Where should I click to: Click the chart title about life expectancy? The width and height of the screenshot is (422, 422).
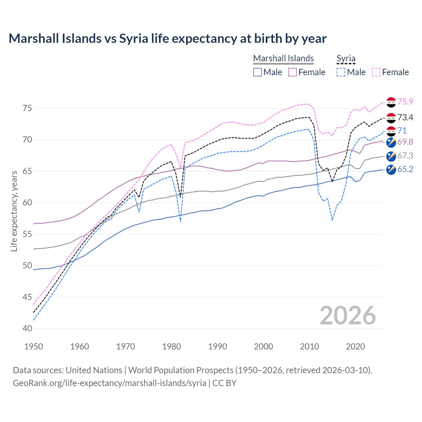point(167,39)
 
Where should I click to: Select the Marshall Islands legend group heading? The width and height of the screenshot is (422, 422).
point(283,58)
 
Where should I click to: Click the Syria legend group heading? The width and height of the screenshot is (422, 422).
point(346,58)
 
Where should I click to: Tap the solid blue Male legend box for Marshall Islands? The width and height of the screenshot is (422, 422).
point(257,72)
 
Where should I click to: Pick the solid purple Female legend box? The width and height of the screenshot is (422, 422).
point(292,72)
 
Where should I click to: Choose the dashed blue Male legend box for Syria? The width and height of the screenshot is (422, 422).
point(341,72)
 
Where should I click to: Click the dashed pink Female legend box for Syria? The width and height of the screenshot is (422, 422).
point(376,72)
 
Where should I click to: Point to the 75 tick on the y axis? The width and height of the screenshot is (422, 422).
point(27,108)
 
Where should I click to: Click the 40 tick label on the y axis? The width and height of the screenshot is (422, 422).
point(27,329)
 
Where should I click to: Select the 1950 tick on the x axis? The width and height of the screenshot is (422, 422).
point(34,347)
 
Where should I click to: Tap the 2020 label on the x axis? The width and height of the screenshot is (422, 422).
point(355,347)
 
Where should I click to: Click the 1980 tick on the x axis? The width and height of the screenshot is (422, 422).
point(171,347)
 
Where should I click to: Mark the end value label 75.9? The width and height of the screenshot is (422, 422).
point(405,102)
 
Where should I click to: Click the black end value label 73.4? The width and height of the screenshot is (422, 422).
point(405,118)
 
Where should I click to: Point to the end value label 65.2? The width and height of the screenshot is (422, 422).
point(405,169)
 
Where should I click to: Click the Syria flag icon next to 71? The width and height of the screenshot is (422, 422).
point(391,131)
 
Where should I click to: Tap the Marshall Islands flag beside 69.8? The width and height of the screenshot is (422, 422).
point(391,142)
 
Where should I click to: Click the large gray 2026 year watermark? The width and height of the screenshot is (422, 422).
point(347,316)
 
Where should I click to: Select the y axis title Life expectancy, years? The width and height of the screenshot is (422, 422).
point(14,211)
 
